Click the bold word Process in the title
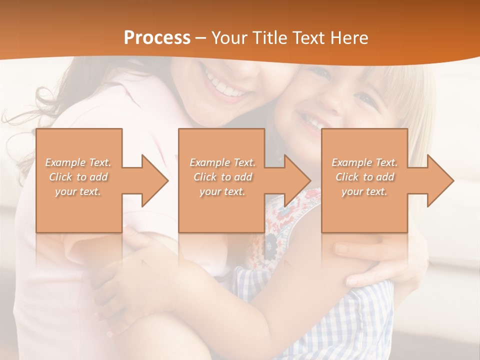[x=157, y=38]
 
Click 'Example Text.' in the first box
[x=78, y=162]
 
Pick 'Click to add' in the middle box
[x=222, y=177]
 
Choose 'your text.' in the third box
[x=364, y=191]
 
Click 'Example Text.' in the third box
[x=364, y=162]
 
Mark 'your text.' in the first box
[x=78, y=191]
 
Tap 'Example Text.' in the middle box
[x=222, y=162]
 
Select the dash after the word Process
[x=201, y=38]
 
